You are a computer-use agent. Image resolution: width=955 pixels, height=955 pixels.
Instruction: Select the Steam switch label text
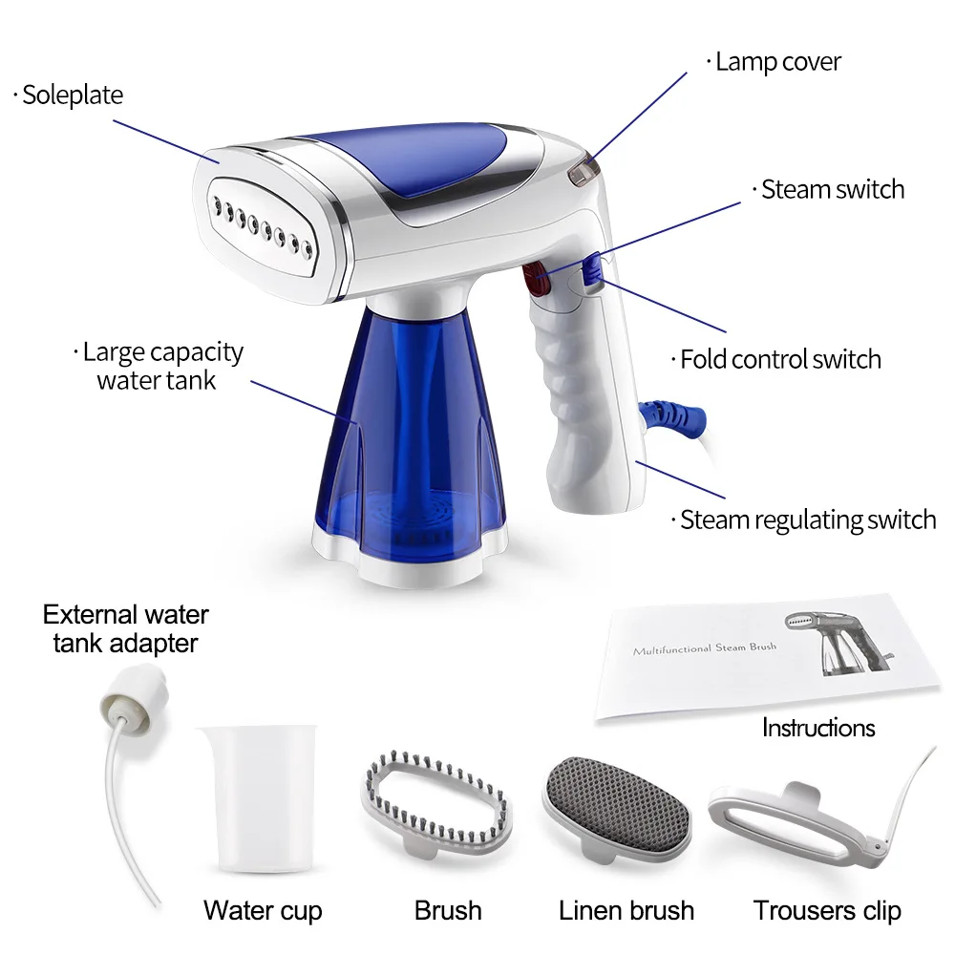832,189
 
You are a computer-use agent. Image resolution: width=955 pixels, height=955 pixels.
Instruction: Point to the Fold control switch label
779,360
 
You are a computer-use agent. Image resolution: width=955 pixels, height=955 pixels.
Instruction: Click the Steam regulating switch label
807,520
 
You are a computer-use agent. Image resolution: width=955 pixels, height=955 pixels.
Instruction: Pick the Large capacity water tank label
161,366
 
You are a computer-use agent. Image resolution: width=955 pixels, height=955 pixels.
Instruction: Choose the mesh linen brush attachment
617,802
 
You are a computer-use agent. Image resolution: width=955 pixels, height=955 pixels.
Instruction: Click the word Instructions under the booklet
817,728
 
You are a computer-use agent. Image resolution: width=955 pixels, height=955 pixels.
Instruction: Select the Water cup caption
263,910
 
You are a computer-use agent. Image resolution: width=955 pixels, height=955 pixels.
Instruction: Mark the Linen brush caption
626,910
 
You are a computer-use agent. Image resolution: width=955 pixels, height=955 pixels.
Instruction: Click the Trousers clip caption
827,910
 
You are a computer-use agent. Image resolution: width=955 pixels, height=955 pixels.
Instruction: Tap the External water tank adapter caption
125,628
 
